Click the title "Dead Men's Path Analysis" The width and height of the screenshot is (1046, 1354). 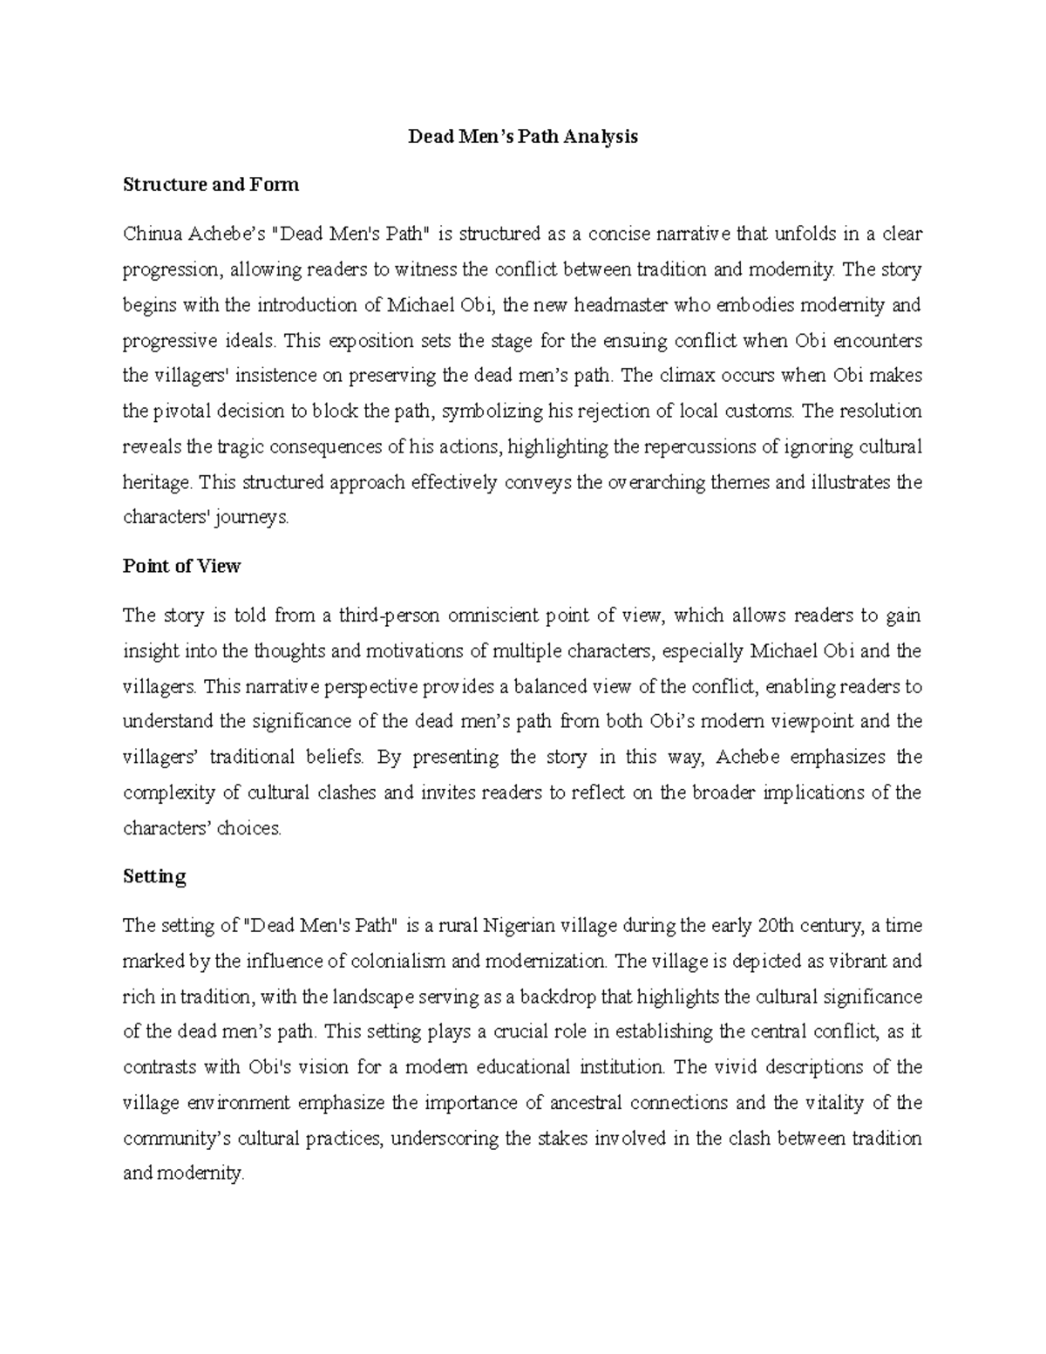pos(523,137)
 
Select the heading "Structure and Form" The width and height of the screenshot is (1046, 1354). pos(211,185)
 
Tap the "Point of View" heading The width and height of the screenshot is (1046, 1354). pos(181,567)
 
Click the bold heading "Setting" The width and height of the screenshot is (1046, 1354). pos(154,877)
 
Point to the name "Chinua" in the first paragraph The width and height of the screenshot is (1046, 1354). pos(149,234)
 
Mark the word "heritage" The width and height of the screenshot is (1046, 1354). pos(158,483)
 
